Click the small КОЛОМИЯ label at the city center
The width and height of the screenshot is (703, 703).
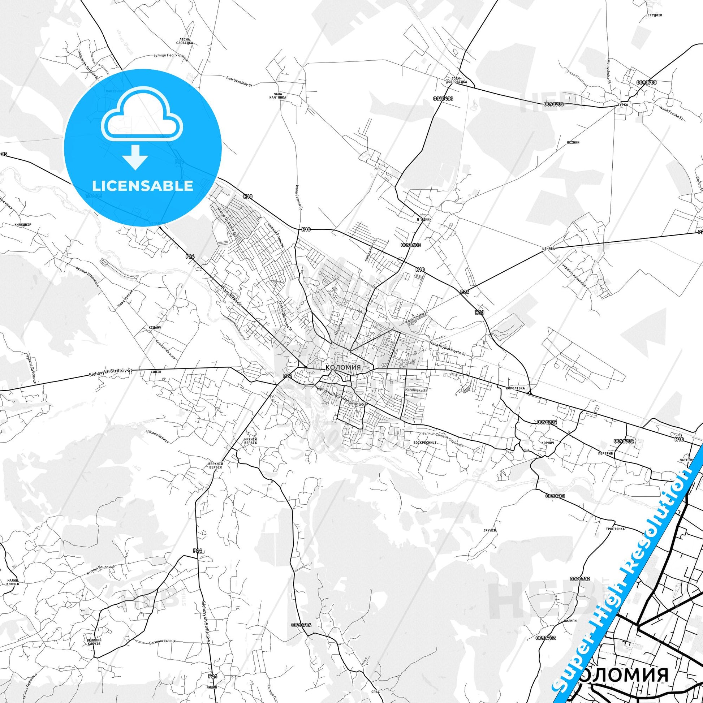point(343,367)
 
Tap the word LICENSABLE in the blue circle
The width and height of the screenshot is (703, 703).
point(143,186)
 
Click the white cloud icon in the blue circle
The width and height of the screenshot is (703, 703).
point(143,116)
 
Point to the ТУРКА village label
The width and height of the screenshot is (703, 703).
point(622,104)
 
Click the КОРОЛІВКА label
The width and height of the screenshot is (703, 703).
point(515,388)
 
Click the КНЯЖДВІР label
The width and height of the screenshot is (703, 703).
point(23,225)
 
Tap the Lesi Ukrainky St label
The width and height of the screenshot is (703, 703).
point(239,81)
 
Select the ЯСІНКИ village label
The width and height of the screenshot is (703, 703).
point(572,142)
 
